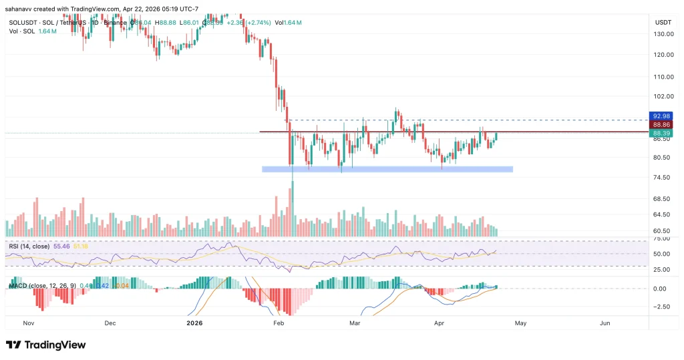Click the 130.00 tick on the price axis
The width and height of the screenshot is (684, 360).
click(663, 34)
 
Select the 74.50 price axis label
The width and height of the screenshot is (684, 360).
click(661, 178)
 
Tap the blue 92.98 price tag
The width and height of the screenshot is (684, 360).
click(661, 116)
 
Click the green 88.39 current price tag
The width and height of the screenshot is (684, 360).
click(661, 134)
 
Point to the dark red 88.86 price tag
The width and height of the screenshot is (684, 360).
click(661, 125)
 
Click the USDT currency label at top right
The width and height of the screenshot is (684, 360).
click(663, 22)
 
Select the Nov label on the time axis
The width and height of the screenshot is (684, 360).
click(29, 323)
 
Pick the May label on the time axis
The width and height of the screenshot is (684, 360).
click(520, 323)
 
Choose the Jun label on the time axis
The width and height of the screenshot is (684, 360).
click(605, 323)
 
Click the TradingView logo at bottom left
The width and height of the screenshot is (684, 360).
click(45, 345)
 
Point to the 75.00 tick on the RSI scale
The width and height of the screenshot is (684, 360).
click(661, 238)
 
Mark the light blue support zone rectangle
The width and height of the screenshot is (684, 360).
click(387, 170)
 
